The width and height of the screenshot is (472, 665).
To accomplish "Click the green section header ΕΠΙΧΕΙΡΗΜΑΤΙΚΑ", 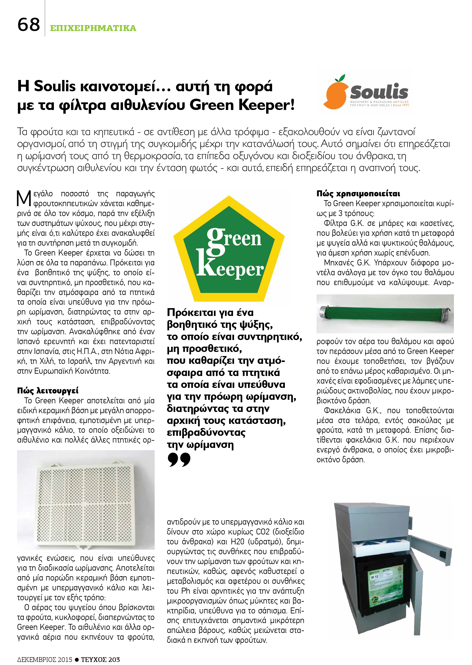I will tap(93, 28).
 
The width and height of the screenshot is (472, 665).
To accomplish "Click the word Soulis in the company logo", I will tap(379, 92).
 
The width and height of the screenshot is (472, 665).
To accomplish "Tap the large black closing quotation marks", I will tap(179, 460).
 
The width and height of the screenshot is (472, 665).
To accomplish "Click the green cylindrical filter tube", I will tap(385, 313).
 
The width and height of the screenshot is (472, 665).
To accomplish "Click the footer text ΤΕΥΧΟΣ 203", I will tap(100, 659).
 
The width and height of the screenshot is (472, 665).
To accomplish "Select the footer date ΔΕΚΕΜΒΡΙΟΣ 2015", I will tap(44, 659).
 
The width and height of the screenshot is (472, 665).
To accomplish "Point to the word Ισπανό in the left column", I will tap(28, 341).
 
